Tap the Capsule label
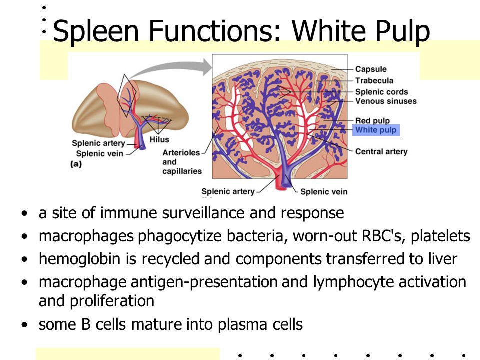(370, 69)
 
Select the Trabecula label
(374, 80)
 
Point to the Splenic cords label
(381, 92)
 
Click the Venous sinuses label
(385, 101)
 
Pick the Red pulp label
(372, 120)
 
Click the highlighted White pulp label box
(376, 130)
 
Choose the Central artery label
(381, 151)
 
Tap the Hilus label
(159, 140)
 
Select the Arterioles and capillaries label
(182, 162)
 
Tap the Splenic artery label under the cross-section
(228, 191)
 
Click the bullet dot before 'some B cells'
(25, 325)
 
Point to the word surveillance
(198, 214)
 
